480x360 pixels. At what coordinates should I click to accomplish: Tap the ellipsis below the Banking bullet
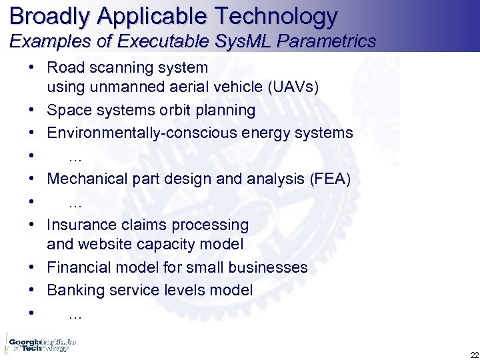point(75,315)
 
